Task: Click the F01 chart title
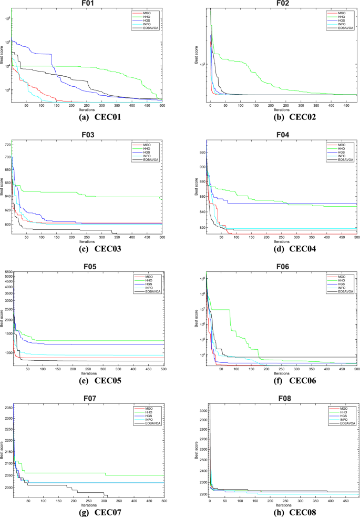coord(87,4)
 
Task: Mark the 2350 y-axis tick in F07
coord(6,408)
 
